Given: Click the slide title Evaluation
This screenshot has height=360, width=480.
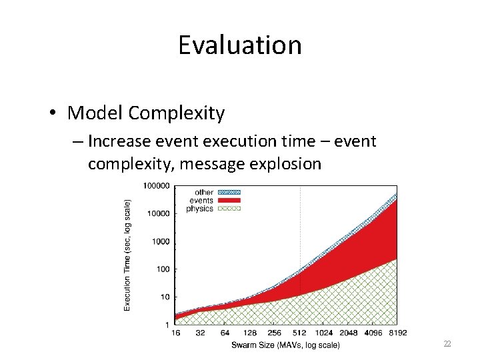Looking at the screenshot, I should point(240,45).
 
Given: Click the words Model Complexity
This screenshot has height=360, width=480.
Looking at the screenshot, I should point(146,113).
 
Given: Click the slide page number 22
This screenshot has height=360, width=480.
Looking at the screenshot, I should point(447,343).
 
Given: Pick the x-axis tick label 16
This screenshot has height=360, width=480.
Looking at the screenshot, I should point(176,333).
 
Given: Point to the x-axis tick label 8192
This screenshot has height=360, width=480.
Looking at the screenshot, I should point(397,333).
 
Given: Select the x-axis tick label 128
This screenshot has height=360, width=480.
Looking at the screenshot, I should point(250,333).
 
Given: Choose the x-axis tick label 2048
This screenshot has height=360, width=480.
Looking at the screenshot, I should point(349,333).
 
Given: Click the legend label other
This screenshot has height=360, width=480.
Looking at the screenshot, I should point(204,193).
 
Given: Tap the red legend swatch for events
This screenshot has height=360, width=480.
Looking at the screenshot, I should point(229,201).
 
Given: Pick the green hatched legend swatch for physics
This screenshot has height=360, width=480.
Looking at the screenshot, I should point(229,209).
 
